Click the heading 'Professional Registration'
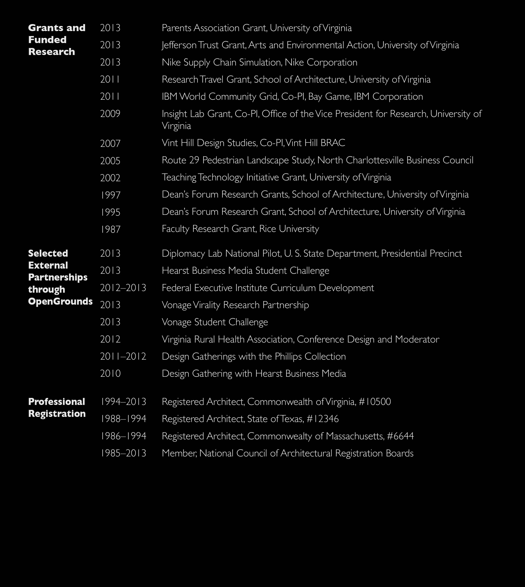(x=57, y=407)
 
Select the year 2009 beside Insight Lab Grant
(x=110, y=114)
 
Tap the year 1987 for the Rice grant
(x=110, y=229)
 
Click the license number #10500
(x=375, y=402)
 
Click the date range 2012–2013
(x=123, y=288)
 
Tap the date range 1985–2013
(x=123, y=453)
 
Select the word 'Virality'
(x=206, y=305)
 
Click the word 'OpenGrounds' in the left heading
(x=60, y=301)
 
